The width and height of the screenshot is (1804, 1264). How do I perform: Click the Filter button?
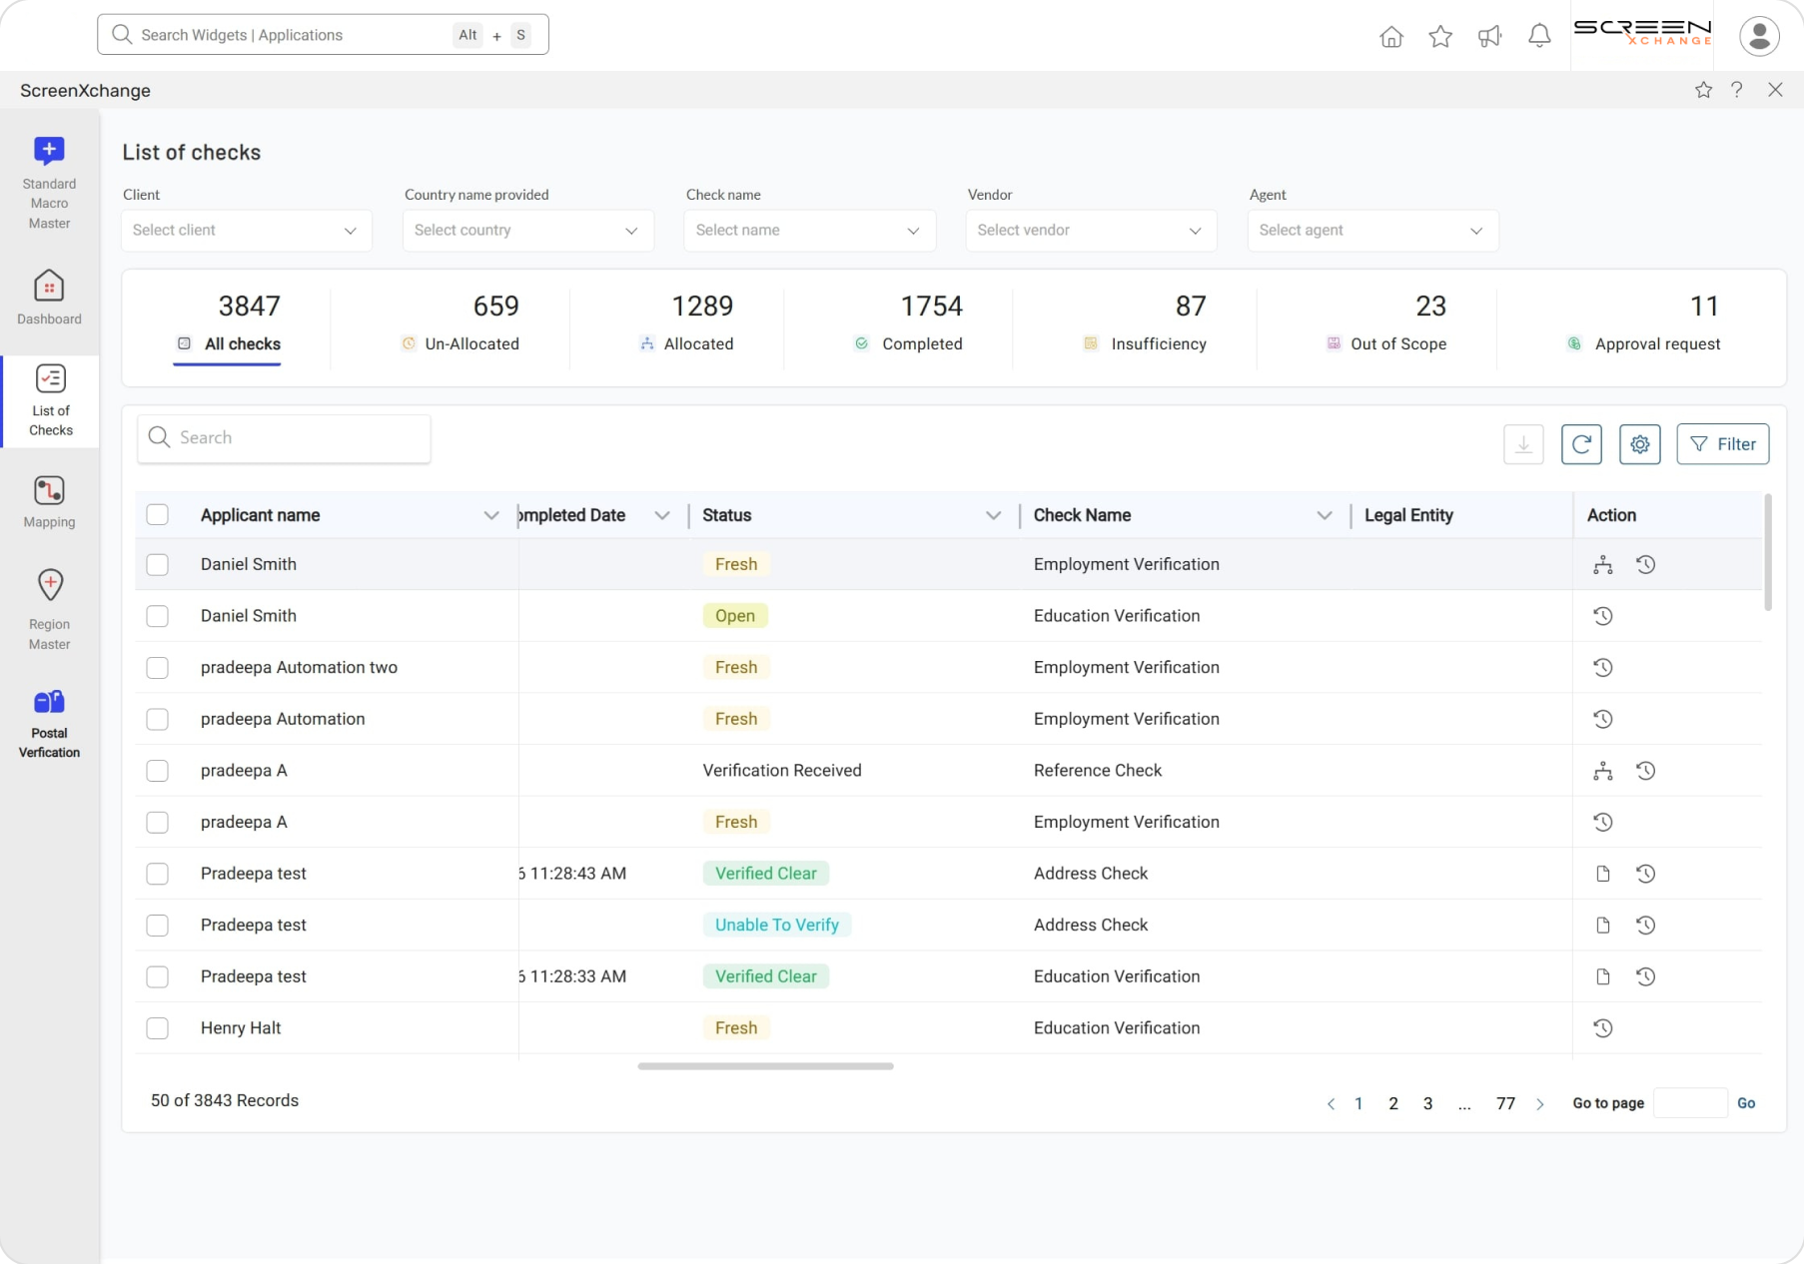coord(1722,444)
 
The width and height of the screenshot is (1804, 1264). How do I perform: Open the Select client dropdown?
coord(246,231)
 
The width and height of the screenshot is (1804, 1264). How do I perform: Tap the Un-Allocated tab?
coord(460,343)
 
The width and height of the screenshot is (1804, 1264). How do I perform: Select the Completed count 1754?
coord(931,306)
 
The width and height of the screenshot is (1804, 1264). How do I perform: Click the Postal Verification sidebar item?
coord(49,723)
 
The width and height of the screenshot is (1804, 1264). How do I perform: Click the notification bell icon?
coord(1539,37)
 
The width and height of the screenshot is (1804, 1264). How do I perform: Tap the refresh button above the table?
coord(1581,444)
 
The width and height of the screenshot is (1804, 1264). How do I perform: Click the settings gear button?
coord(1639,444)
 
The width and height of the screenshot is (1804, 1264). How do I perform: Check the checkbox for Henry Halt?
coord(158,1028)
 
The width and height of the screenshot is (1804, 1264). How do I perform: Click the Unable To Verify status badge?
coord(776,925)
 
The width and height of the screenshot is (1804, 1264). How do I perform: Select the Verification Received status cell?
coord(781,771)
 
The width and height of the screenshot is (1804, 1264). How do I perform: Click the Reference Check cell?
coord(1097,771)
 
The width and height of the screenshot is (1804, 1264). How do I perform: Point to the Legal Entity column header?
coord(1408,515)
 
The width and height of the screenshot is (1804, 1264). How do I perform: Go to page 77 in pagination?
coord(1505,1103)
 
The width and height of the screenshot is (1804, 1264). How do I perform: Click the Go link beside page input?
coord(1745,1103)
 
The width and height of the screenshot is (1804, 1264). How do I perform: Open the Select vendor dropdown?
coord(1090,231)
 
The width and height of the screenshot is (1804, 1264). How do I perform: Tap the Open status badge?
coord(734,616)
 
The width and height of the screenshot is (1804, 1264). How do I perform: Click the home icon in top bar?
coord(1390,37)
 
